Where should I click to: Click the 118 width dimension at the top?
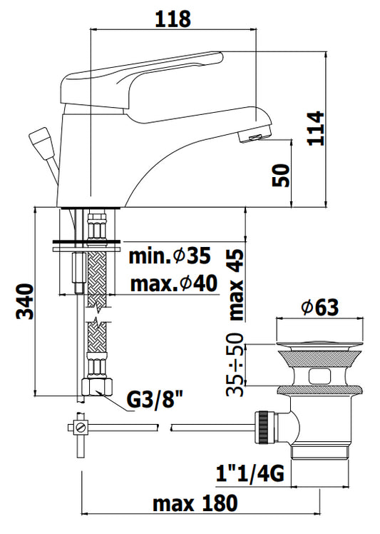(x=173, y=19)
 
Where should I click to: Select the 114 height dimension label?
(x=316, y=128)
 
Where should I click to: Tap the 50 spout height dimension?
(x=281, y=176)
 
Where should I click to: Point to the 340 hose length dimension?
(x=25, y=301)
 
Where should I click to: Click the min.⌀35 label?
(x=170, y=256)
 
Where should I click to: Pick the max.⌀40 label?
(x=174, y=283)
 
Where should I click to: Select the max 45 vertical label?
(x=237, y=284)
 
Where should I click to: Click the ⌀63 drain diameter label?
(x=320, y=307)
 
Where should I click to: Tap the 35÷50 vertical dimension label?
(x=235, y=364)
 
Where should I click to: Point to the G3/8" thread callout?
(x=155, y=400)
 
